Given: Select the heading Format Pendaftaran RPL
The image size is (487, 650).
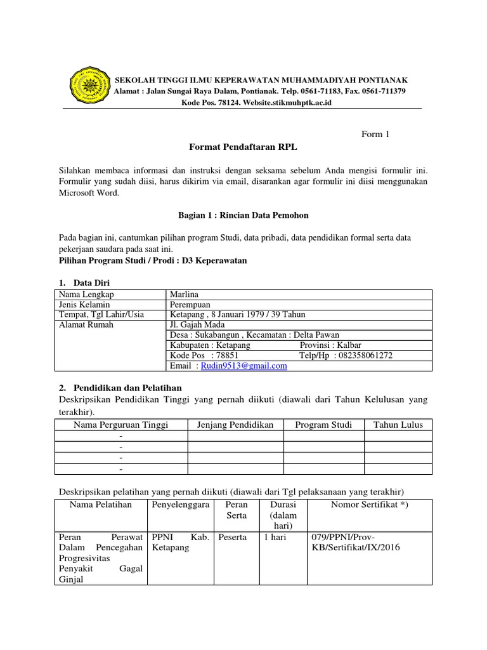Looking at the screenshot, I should click(243, 147).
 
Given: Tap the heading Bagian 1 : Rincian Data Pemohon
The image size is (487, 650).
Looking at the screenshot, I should click(243, 215).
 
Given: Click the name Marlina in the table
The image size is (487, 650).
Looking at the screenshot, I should click(184, 295).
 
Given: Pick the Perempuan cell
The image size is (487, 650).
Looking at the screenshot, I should click(190, 305).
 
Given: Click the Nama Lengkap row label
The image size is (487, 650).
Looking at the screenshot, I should click(86, 295).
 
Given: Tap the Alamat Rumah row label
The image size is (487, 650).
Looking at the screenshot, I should click(86, 325).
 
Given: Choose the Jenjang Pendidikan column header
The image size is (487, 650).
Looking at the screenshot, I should click(235, 425).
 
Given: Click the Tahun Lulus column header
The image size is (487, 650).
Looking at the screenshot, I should click(398, 425).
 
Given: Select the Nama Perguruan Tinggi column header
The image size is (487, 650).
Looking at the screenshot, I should click(121, 425).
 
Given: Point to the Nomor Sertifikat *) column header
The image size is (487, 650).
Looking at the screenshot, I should click(369, 505).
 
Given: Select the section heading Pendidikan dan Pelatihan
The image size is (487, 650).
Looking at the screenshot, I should click(128, 387).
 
